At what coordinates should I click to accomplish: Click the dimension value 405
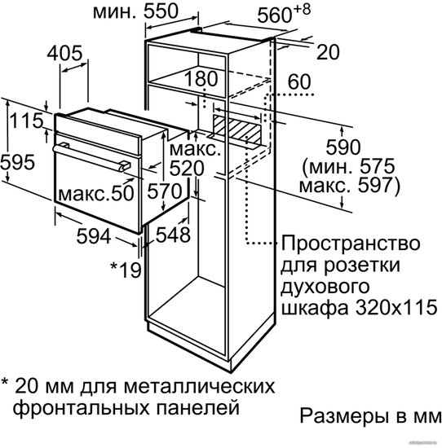[x=64, y=53]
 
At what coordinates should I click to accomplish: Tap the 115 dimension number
[x=26, y=121]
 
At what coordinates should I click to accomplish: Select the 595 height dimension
[x=18, y=162]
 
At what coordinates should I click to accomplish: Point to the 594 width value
[x=94, y=236]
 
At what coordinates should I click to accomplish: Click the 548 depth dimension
[x=173, y=235]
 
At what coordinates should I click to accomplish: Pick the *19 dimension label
[x=126, y=270]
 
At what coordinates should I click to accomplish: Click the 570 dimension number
[x=165, y=191]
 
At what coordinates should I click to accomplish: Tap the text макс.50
[x=96, y=193]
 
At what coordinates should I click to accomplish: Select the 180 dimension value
[x=201, y=78]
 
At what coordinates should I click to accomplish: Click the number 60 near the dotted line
[x=299, y=81]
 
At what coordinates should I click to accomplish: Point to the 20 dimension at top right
[x=328, y=52]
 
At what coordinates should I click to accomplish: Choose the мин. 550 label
[x=135, y=11]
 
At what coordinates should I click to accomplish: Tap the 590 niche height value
[x=343, y=147]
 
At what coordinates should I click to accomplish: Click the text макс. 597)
[x=349, y=186]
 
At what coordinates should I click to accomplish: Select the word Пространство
[x=351, y=244]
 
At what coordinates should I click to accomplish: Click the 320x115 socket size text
[x=396, y=308]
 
